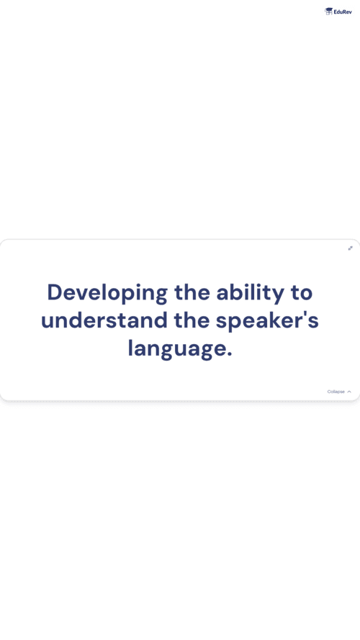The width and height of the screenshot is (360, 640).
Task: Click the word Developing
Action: [107, 293]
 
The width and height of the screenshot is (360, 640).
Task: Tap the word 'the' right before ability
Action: [192, 292]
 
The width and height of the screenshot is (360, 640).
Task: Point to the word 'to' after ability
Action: [301, 294]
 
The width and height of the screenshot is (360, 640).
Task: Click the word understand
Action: [104, 320]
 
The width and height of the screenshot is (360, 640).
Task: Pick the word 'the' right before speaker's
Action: [192, 320]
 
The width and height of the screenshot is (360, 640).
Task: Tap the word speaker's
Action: [267, 321]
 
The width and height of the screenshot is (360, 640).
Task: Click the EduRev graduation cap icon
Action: [328, 12]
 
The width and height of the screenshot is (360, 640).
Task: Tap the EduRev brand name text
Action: [343, 12]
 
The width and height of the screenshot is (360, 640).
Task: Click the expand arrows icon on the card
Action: [350, 248]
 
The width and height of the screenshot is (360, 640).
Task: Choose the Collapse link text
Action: [336, 392]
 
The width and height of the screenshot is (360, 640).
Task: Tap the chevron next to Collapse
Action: [349, 392]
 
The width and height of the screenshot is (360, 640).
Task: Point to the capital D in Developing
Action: [55, 292]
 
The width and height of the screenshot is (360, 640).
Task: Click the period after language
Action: [230, 356]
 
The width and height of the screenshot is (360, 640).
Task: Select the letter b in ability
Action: [238, 292]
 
